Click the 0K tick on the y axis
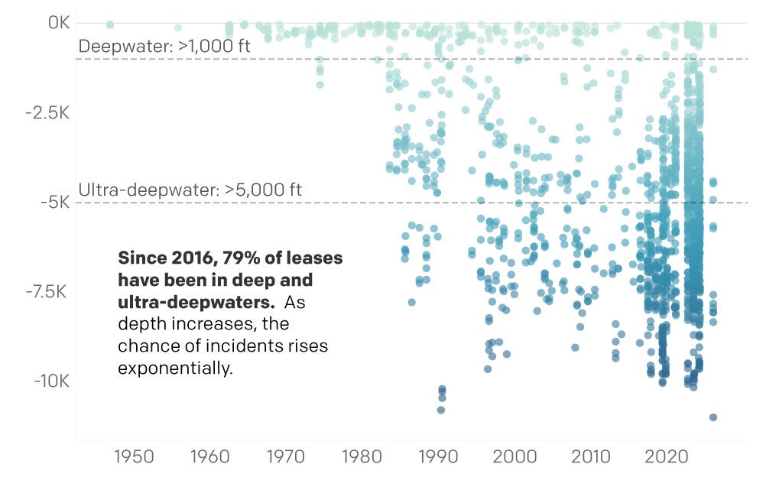tap(58, 24)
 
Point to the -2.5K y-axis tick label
tap(48, 113)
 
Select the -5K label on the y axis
tap(55, 203)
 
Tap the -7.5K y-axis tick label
tap(48, 292)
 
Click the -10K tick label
tap(52, 381)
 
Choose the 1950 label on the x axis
tap(134, 457)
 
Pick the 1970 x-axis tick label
tap(286, 457)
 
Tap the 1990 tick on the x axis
tap(438, 457)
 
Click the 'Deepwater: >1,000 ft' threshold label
tap(164, 47)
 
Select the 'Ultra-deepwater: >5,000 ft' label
tap(190, 190)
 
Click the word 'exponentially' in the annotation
tap(174, 368)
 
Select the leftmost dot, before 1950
tap(110, 25)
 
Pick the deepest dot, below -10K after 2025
tap(712, 417)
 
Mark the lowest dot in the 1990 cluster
tap(441, 410)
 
